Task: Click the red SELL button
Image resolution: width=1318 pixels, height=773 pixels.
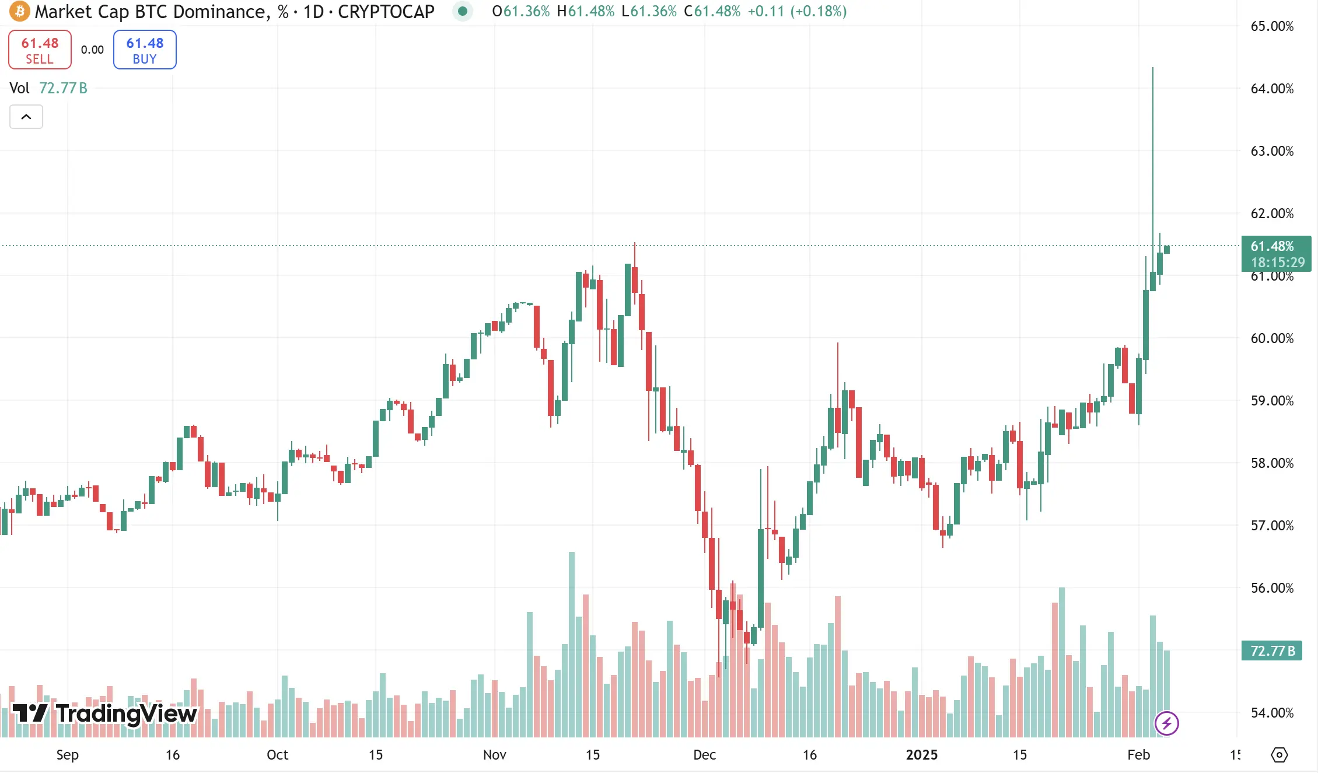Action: (x=40, y=50)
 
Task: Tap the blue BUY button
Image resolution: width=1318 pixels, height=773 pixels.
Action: (x=145, y=50)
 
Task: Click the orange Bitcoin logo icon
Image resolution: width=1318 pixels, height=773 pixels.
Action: (x=19, y=11)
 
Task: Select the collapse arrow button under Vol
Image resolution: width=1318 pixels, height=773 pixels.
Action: (x=26, y=117)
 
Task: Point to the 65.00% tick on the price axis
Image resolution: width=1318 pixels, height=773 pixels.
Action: (x=1272, y=26)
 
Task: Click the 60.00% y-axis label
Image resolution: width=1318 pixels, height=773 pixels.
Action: (x=1272, y=338)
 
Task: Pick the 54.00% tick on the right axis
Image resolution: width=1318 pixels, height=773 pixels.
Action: (x=1272, y=712)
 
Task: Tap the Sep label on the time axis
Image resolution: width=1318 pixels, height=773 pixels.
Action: (x=67, y=754)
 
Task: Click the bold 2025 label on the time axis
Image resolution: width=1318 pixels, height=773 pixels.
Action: (x=921, y=754)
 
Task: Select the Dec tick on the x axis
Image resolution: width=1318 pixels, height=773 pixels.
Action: (x=704, y=754)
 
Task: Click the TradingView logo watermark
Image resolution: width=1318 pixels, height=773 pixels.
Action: (x=105, y=713)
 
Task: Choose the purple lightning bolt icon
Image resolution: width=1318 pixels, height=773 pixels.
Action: (x=1167, y=723)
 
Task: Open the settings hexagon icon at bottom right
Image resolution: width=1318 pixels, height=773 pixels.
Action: (x=1279, y=754)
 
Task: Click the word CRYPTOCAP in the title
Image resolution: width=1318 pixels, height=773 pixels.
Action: (x=386, y=12)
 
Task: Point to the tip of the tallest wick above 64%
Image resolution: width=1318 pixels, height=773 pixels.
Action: (x=1153, y=68)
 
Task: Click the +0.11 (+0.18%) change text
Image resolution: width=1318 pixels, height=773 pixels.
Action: (x=796, y=12)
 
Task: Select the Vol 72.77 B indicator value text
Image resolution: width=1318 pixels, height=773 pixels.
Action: (x=63, y=88)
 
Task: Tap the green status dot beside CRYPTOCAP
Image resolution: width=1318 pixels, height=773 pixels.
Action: (x=463, y=11)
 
